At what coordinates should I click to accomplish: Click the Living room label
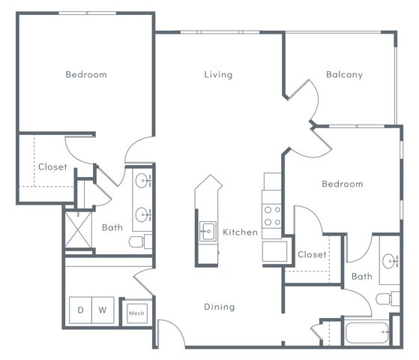click(x=218, y=74)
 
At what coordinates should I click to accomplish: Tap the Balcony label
click(x=345, y=74)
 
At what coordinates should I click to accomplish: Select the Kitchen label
click(x=240, y=232)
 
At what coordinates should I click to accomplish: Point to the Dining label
click(x=220, y=307)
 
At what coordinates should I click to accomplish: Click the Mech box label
click(x=136, y=313)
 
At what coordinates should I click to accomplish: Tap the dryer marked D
click(x=80, y=310)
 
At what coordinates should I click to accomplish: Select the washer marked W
click(x=103, y=310)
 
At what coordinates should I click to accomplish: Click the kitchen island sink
click(x=208, y=231)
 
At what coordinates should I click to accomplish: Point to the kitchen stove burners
click(x=272, y=216)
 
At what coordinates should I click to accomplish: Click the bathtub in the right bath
click(x=367, y=332)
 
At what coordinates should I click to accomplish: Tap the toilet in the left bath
click(x=141, y=241)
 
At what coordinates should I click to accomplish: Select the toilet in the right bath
click(x=388, y=298)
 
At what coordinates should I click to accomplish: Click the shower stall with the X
click(x=78, y=230)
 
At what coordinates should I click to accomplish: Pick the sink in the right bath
click(x=390, y=261)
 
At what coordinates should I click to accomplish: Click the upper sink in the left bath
click(x=143, y=181)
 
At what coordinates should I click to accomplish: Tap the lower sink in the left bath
click(x=143, y=214)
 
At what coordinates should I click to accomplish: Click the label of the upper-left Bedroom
click(x=86, y=74)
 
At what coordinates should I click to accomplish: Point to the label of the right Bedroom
click(x=343, y=184)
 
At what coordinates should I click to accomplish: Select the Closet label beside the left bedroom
click(x=52, y=167)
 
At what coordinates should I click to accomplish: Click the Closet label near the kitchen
click(x=312, y=254)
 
